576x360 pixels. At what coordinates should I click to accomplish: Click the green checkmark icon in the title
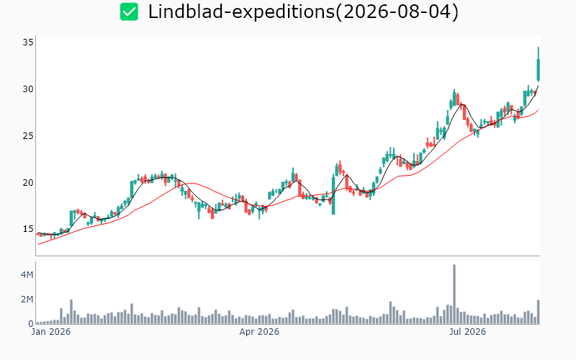130,12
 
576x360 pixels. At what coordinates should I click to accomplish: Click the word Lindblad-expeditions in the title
241,12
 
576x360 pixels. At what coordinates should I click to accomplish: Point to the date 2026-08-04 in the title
397,12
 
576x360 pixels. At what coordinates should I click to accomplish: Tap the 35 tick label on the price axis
28,42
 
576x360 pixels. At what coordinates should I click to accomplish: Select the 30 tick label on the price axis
28,89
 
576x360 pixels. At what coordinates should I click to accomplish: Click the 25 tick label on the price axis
28,136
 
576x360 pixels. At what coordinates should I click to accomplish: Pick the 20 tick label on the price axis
28,183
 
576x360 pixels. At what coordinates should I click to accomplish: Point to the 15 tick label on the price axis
28,229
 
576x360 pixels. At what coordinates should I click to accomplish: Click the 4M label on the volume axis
27,275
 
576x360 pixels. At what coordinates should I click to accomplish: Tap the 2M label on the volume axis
27,300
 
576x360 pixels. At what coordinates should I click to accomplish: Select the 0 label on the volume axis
31,323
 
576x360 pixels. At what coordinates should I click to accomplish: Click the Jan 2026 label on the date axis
51,332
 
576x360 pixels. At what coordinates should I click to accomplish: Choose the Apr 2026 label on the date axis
259,332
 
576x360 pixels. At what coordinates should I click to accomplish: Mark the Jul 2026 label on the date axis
467,332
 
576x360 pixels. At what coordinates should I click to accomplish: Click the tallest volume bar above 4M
454,294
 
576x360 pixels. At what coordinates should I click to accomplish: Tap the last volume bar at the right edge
538,312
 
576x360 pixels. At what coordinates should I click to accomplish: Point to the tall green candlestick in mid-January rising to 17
71,219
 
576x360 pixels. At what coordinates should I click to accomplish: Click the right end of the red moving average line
539,109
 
